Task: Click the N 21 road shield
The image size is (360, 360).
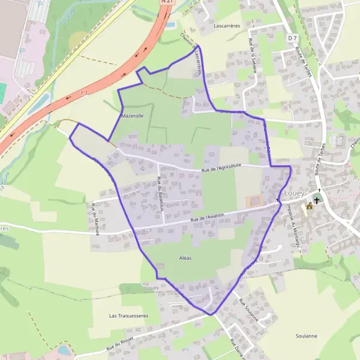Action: click(x=167, y=2)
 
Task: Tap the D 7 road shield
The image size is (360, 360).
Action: click(x=292, y=38)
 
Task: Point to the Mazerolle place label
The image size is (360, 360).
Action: click(x=132, y=115)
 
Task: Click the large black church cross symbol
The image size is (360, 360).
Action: click(x=317, y=199)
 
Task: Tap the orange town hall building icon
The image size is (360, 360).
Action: click(x=310, y=206)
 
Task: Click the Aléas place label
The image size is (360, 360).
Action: click(x=185, y=258)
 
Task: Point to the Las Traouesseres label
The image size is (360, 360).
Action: click(x=128, y=314)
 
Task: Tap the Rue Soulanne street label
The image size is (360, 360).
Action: click(x=248, y=310)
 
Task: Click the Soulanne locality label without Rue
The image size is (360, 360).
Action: click(x=307, y=336)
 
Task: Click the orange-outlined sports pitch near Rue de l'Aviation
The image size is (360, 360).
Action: click(x=255, y=200)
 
